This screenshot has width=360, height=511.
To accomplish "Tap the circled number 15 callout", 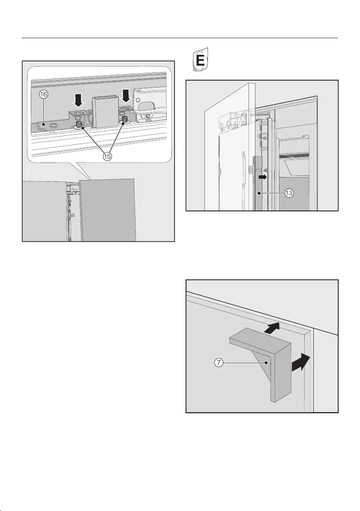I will coord(107,156).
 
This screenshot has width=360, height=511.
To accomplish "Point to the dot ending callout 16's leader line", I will coord(44,124).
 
